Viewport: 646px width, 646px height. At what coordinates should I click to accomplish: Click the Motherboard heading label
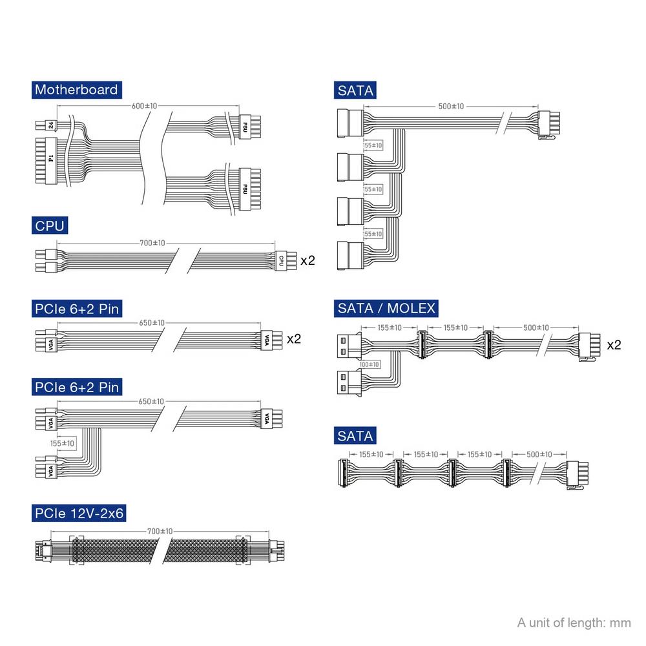[x=77, y=90]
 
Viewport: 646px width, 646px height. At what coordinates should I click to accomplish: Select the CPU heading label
[x=50, y=225]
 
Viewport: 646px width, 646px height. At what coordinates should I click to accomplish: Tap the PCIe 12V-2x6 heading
[x=79, y=513]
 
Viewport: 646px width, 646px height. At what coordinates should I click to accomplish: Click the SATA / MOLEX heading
[x=386, y=308]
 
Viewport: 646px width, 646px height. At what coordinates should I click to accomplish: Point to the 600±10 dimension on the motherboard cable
[x=144, y=106]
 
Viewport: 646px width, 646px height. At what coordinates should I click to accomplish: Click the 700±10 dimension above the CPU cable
[x=152, y=243]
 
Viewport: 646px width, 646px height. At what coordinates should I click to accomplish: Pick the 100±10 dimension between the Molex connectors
[x=369, y=364]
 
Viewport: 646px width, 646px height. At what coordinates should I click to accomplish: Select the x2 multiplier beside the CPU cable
[x=307, y=260]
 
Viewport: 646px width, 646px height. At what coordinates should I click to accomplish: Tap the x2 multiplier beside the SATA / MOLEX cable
[x=614, y=345]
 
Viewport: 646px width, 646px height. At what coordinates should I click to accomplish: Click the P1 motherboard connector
[x=46, y=161]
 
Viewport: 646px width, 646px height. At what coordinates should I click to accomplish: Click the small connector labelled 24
[x=46, y=125]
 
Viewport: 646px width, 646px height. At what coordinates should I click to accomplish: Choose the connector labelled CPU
[x=286, y=260]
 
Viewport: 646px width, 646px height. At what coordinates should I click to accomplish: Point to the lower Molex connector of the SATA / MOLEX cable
[x=349, y=382]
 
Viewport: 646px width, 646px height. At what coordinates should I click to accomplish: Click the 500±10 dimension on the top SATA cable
[x=451, y=107]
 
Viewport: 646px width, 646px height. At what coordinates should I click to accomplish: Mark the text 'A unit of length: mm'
[x=574, y=623]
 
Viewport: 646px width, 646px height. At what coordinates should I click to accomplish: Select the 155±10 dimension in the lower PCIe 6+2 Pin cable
[x=62, y=443]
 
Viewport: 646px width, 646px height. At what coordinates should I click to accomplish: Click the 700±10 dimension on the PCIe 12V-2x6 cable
[x=160, y=532]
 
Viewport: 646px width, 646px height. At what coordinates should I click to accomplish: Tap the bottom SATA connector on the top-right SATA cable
[x=351, y=256]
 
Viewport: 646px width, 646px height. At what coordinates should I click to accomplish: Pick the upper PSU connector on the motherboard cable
[x=249, y=127]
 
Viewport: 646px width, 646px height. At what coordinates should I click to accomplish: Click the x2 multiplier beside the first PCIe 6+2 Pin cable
[x=294, y=339]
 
